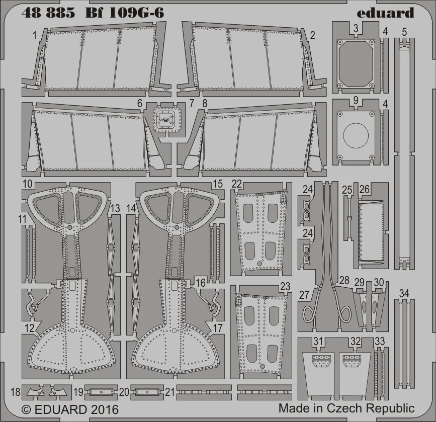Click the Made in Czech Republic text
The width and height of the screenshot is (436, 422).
(x=346, y=408)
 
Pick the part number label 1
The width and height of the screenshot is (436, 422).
(x=34, y=35)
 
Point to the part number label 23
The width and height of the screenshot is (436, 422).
(x=285, y=287)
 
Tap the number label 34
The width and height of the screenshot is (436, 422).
(x=404, y=294)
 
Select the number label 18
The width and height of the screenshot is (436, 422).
(x=15, y=391)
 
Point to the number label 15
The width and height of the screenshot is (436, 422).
(x=217, y=184)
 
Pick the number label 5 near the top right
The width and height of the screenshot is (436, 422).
(x=404, y=32)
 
